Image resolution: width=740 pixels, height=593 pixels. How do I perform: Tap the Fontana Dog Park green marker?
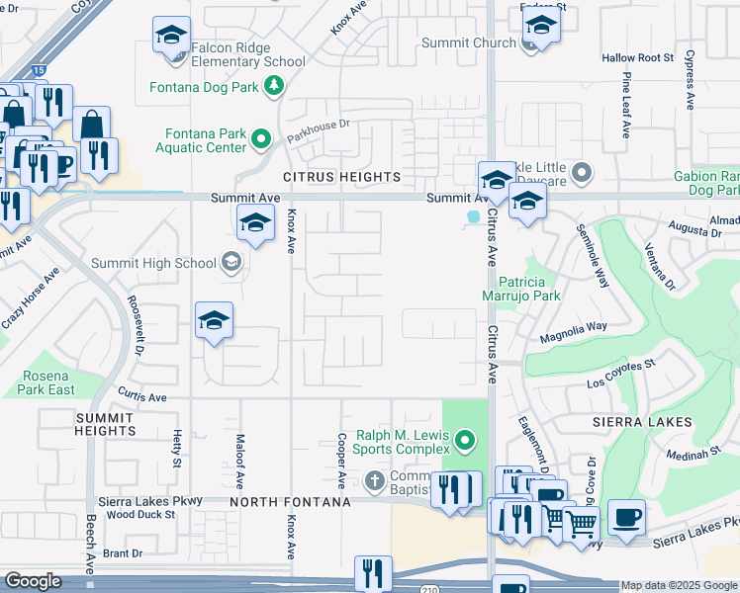coord(273,87)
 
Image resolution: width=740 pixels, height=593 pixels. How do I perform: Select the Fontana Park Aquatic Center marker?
coord(262,137)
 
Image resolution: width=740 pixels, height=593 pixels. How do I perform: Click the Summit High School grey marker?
coord(231,262)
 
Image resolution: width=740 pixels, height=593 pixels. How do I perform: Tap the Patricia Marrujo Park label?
coord(529,288)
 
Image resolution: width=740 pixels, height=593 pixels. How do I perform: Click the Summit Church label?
coord(468,42)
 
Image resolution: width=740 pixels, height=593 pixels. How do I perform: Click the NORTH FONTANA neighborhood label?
coord(290,502)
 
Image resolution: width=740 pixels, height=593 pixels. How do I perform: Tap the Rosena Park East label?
coord(47,382)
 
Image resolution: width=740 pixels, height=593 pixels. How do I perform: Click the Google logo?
coord(32,581)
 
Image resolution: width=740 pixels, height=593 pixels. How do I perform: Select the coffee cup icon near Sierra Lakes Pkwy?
coord(625,519)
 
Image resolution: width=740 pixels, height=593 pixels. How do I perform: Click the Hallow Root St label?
coord(637,58)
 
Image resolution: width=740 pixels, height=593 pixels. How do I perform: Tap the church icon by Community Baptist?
coord(374,481)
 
